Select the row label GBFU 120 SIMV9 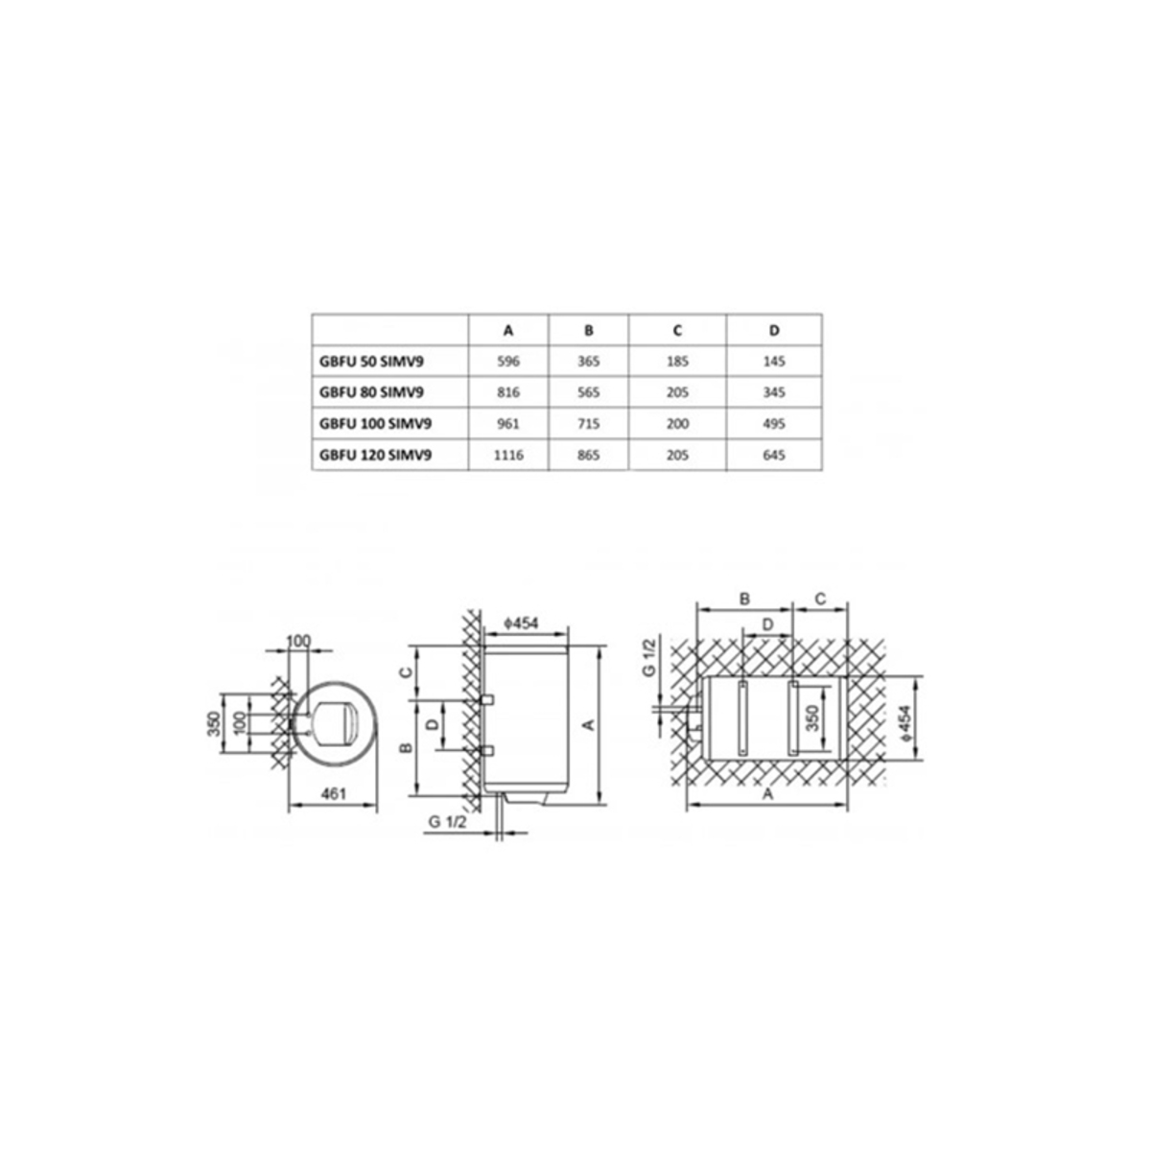click(375, 456)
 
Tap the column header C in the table click(677, 330)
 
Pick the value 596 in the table click(508, 362)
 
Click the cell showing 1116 click(508, 456)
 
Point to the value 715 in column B click(588, 424)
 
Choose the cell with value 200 click(677, 424)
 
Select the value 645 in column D click(774, 456)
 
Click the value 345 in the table click(774, 392)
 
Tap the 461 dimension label click(333, 794)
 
